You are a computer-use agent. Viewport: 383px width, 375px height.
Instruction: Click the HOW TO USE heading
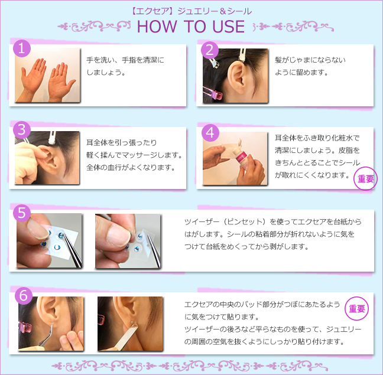tap(190, 27)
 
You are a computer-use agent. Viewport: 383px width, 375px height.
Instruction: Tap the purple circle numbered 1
tap(22, 49)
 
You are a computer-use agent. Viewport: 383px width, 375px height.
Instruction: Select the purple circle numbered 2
tap(210, 49)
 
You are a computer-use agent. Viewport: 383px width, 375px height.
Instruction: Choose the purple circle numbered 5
tap(22, 213)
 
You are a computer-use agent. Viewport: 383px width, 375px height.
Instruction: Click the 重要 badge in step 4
tap(365, 179)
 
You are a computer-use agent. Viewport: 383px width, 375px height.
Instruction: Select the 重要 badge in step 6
tap(356, 308)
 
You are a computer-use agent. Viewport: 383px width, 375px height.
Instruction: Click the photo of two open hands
tap(47, 76)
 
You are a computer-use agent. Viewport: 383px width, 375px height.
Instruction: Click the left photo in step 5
tap(48, 241)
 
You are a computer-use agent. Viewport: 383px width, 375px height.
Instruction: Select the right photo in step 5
tap(128, 241)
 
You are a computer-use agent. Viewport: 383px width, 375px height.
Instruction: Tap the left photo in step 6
tap(50, 324)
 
